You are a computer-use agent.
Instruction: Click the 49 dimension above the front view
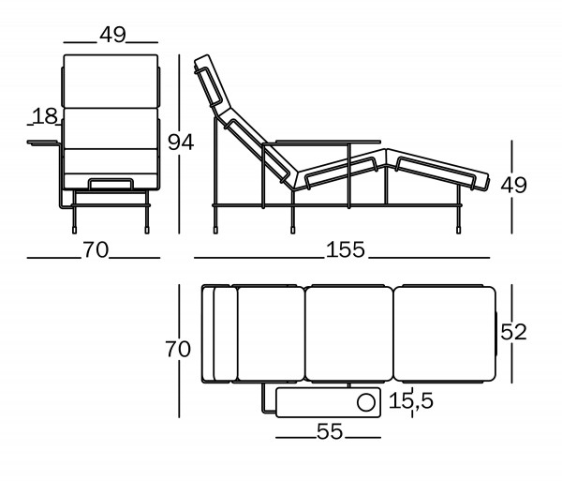coord(111,35)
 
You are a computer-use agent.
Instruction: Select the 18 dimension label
coord(44,116)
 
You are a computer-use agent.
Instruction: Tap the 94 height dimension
coord(180,143)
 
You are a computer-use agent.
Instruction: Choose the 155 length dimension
coord(346,250)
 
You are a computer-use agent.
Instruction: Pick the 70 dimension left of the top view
coord(177,350)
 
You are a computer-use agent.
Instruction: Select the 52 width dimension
coord(514,332)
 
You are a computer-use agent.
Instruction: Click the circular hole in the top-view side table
coord(364,403)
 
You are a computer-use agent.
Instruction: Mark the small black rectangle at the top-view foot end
coord(496,334)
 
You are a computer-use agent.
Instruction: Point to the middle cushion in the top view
coord(349,334)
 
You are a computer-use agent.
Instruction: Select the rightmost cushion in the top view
coord(444,334)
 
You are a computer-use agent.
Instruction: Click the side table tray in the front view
coord(44,143)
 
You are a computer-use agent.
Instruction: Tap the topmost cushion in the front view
coord(111,79)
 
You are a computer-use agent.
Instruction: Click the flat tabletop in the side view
coord(310,143)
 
